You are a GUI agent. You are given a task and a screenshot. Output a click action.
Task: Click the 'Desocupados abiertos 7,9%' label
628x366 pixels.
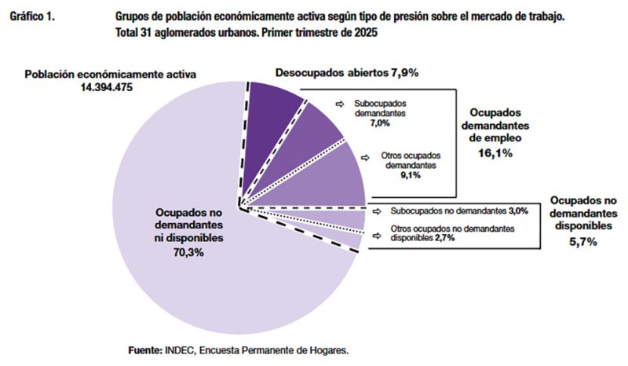click(346, 72)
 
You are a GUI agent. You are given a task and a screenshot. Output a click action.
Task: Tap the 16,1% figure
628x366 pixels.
click(497, 154)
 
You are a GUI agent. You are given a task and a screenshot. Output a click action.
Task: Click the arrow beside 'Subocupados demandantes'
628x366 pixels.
click(339, 104)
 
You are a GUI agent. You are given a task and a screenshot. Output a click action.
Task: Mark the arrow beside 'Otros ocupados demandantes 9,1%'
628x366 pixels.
click(366, 156)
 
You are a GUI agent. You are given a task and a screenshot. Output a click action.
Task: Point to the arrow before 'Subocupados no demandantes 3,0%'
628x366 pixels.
click(377, 210)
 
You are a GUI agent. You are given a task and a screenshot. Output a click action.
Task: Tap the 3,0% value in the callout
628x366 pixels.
click(518, 210)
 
